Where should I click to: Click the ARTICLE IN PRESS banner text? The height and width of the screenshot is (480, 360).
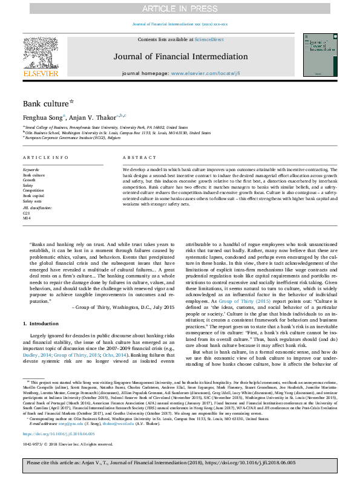180,8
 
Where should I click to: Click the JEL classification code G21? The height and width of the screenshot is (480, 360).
26,213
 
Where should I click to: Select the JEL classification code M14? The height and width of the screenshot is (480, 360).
27,218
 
